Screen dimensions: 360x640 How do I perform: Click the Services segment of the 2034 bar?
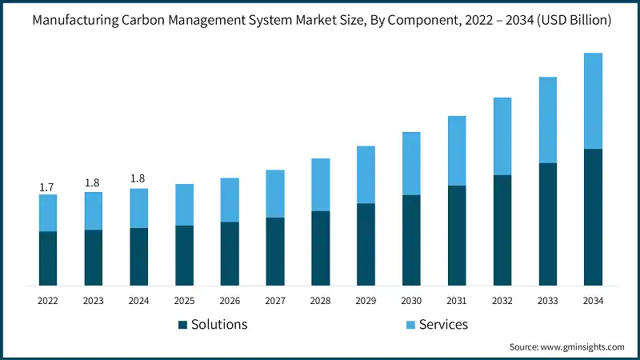pos(593,101)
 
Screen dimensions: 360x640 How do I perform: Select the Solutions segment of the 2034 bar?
pos(593,217)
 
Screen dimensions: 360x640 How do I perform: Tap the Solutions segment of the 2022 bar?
pos(48,258)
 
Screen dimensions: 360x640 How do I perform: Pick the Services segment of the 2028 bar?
pos(320,185)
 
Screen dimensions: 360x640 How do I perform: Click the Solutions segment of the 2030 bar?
pos(411,240)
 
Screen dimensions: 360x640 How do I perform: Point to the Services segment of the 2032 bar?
pos(502,136)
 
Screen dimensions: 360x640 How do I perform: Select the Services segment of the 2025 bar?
pos(184,205)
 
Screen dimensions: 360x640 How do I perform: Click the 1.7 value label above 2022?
pos(47,187)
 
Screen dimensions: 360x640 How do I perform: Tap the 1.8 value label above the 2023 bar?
pos(93,183)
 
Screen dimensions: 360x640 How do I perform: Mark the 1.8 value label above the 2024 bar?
pos(138,178)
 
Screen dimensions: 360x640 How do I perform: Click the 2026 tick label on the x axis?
pos(230,301)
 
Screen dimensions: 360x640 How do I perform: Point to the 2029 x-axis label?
pos(366,301)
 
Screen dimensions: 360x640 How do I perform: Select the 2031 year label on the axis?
pos(457,301)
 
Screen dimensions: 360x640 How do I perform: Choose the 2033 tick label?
pos(547,301)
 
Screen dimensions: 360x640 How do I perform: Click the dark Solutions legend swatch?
pos(182,325)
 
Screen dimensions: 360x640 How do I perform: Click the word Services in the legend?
pos(443,324)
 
